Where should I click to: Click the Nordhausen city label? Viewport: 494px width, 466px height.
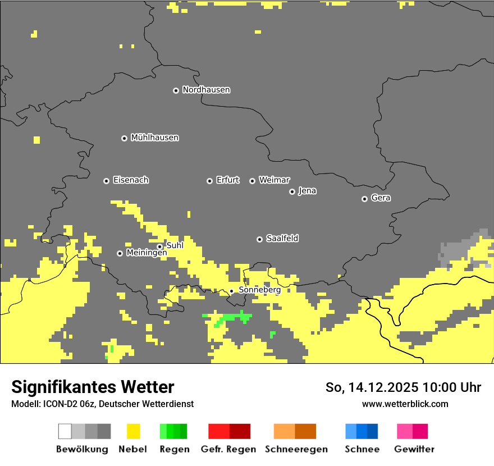tap(206, 90)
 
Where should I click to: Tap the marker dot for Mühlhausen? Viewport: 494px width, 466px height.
tap(124, 138)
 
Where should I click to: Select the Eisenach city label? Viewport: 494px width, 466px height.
tap(131, 180)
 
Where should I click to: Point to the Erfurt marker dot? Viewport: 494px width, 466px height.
tap(209, 181)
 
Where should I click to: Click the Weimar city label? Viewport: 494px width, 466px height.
tap(274, 180)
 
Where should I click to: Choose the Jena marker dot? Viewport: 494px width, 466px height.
tap(292, 191)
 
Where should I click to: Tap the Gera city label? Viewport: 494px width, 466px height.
tap(381, 198)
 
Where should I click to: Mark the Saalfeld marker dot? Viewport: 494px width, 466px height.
tap(259, 239)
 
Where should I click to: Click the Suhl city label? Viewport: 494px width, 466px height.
tap(175, 245)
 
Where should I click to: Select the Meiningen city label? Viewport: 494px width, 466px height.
tap(147, 253)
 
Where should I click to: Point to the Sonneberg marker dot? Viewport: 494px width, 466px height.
tap(231, 291)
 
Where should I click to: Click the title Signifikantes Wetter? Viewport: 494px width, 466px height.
tap(93, 387)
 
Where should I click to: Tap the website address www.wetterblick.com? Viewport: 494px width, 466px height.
tap(405, 404)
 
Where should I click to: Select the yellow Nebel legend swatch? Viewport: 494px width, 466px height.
tap(133, 431)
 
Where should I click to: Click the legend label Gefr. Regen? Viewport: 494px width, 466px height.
tap(228, 449)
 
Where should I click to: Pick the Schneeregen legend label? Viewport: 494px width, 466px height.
tap(296, 449)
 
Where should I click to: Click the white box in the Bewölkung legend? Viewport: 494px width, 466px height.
tap(65, 431)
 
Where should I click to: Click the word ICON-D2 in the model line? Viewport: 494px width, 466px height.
tap(58, 404)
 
